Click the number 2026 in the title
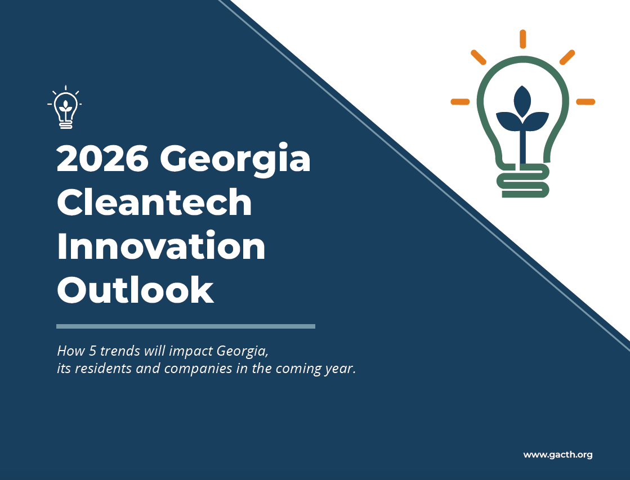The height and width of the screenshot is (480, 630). click(102, 158)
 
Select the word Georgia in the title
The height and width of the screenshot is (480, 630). click(235, 160)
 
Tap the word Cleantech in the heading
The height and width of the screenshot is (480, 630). click(154, 202)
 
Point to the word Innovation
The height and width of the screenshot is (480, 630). click(161, 245)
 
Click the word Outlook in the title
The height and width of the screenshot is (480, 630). click(135, 289)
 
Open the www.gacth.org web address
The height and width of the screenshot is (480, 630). click(558, 455)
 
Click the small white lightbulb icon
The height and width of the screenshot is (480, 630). click(65, 107)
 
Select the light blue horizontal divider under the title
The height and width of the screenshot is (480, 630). click(186, 326)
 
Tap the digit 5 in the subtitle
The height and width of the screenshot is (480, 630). click(92, 351)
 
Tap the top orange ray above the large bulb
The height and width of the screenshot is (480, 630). click(522, 39)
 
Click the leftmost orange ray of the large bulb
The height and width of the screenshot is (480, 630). click(460, 102)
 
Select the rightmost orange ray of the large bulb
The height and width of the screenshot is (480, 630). click(586, 102)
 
